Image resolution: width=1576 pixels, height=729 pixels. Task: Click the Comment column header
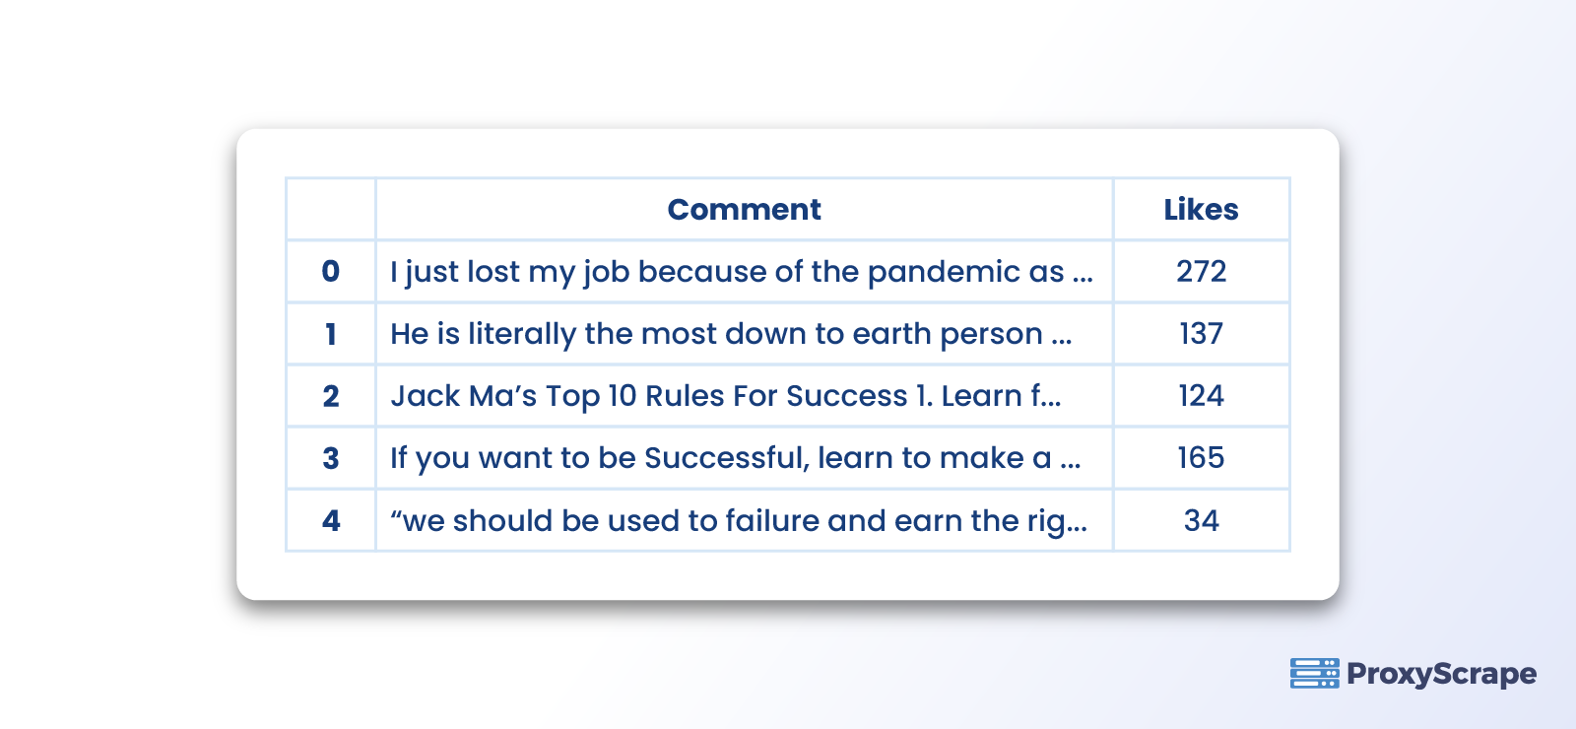(744, 209)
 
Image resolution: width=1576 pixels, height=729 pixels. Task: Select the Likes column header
(1201, 209)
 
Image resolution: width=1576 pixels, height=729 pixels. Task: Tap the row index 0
(331, 271)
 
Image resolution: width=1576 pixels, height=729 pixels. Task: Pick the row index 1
(331, 334)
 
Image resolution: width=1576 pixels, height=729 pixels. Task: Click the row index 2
(331, 396)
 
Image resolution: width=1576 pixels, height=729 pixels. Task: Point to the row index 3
(331, 458)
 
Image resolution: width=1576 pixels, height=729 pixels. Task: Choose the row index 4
(331, 520)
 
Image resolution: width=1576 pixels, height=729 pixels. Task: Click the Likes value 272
(1201, 271)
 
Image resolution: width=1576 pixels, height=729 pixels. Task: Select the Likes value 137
(1201, 334)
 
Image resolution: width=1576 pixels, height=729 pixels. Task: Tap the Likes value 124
(1201, 396)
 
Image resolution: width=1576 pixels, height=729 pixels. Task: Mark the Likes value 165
(1201, 458)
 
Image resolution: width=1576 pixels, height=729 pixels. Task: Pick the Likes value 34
(1201, 520)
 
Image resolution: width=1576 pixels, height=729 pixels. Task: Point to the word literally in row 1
(522, 334)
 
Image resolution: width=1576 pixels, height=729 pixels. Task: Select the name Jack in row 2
(426, 396)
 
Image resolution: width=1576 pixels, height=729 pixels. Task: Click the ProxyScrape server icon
(1314, 674)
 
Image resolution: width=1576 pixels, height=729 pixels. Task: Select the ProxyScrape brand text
(1441, 674)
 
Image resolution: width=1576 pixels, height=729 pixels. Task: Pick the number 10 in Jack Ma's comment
(622, 396)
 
